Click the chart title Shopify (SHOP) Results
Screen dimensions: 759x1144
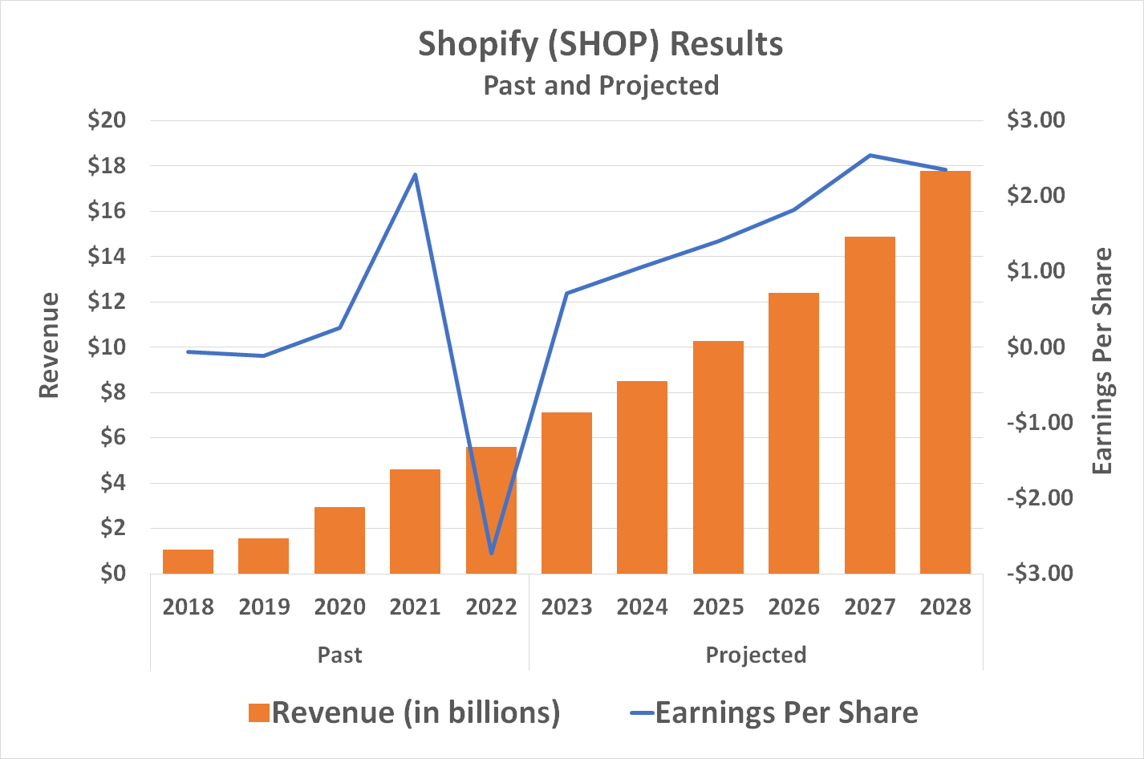(600, 44)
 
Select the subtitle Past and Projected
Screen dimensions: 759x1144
(601, 85)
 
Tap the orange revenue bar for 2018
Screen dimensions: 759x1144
(188, 562)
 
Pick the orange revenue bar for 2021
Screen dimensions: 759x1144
(415, 522)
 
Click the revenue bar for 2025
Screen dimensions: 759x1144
(718, 457)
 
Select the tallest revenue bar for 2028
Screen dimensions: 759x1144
(945, 372)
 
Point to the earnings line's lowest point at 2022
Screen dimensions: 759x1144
(491, 554)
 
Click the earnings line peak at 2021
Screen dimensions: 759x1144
(415, 175)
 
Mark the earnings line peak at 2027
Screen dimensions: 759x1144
(870, 156)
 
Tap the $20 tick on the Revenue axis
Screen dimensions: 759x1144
(107, 120)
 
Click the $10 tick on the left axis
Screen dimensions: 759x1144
(107, 347)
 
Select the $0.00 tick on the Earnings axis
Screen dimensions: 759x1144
(1036, 347)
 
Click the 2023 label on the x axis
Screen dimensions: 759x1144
(566, 607)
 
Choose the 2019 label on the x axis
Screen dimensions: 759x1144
(264, 607)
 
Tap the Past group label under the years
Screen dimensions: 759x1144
(339, 655)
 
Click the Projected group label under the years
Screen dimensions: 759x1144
(756, 655)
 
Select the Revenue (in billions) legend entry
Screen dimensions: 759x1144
(404, 712)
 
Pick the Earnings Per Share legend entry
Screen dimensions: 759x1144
(773, 712)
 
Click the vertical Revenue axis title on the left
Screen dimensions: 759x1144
(50, 345)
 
